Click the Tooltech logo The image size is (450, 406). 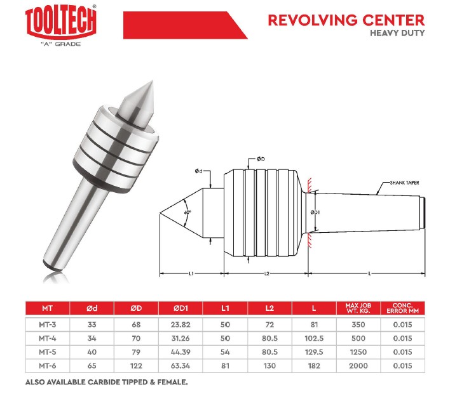61,26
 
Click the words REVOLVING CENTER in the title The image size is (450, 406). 346,20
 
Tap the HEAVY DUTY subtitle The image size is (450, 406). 397,33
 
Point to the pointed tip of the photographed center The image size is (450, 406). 153,81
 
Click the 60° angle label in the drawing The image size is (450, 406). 187,213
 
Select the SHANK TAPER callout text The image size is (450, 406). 404,183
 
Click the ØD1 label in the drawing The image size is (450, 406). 315,213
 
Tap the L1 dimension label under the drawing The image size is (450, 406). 191,273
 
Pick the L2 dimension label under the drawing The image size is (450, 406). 266,273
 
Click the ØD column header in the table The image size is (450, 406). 136,308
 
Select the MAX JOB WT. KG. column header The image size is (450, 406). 358,308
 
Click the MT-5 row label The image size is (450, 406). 48,352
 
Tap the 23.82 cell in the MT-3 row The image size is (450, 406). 181,325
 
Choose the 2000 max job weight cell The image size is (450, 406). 358,365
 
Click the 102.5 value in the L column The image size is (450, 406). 314,338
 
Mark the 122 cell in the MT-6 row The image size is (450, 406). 136,365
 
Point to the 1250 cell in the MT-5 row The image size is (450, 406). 358,352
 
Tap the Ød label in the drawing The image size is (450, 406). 198,171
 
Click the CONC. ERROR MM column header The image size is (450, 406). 402,308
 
